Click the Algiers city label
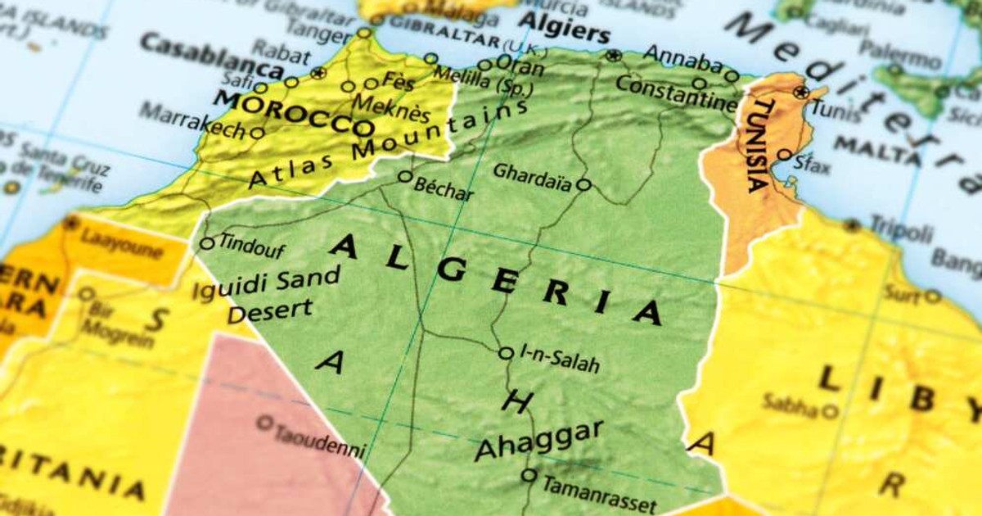click(565, 29)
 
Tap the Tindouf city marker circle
click(207, 243)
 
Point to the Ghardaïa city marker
click(583, 185)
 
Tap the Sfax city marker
click(784, 154)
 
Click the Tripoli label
click(900, 229)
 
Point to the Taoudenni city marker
click(264, 423)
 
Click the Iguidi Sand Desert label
click(270, 293)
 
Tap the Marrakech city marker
click(257, 133)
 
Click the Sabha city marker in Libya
click(830, 410)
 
